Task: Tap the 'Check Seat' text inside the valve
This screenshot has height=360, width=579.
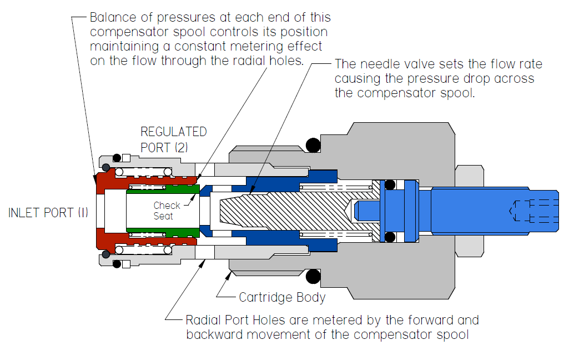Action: click(x=167, y=211)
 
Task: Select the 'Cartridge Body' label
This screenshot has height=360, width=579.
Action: click(x=282, y=297)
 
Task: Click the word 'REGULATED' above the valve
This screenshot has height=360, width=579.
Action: click(x=173, y=132)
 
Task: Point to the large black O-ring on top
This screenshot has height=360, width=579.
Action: click(x=314, y=146)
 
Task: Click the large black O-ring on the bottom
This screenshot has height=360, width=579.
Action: click(x=314, y=276)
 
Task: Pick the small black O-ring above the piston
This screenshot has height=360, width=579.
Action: click(x=390, y=184)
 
